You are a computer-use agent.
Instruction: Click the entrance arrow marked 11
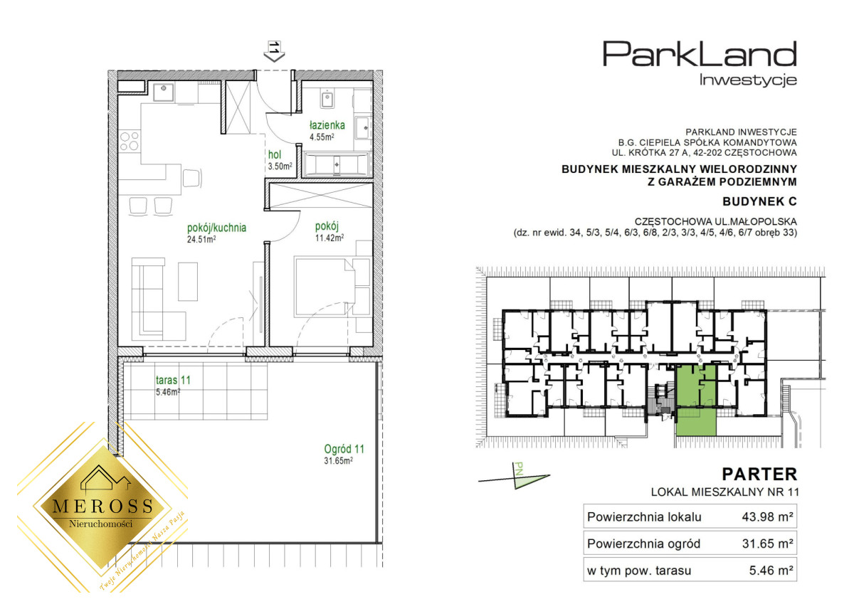tap(274, 51)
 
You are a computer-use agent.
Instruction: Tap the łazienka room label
tap(327, 125)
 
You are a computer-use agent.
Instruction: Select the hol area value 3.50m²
tap(280, 166)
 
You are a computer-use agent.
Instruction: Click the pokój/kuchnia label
tap(216, 228)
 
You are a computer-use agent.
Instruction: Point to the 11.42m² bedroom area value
tap(330, 238)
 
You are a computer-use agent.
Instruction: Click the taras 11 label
tap(173, 380)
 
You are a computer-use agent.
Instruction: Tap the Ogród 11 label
tap(344, 449)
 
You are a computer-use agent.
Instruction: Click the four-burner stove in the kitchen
tap(130, 141)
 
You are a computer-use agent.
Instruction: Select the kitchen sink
tap(164, 92)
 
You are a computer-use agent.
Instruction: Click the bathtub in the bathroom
tap(337, 164)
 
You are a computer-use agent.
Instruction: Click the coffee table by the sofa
tap(188, 281)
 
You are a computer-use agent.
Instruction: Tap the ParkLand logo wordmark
tap(700, 54)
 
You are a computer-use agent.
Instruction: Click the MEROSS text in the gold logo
tap(102, 507)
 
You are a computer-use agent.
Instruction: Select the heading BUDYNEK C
tap(759, 201)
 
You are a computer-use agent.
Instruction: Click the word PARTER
tap(759, 475)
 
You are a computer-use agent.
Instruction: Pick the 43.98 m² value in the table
tap(767, 517)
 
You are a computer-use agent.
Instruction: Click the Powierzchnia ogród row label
tap(643, 544)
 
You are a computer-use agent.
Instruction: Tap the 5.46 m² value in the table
tap(771, 571)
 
